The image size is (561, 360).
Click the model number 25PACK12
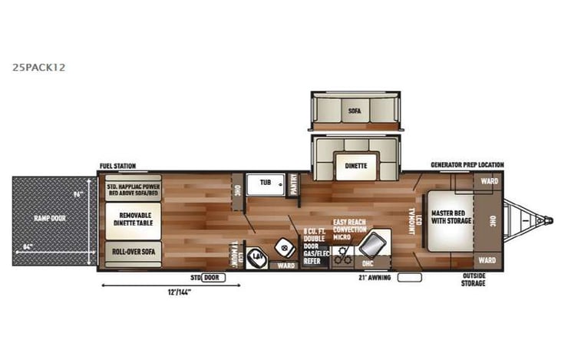coord(38,67)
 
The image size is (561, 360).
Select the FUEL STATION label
coord(118,166)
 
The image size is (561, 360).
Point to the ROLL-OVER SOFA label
coord(133,251)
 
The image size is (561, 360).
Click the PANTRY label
coord(293,184)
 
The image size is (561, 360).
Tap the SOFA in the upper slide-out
coord(355,111)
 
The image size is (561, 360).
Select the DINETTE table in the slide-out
coord(355,166)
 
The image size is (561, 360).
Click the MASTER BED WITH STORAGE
coord(449,217)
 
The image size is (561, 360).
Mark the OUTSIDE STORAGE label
coord(474,279)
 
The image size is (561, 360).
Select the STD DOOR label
coord(208,276)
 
